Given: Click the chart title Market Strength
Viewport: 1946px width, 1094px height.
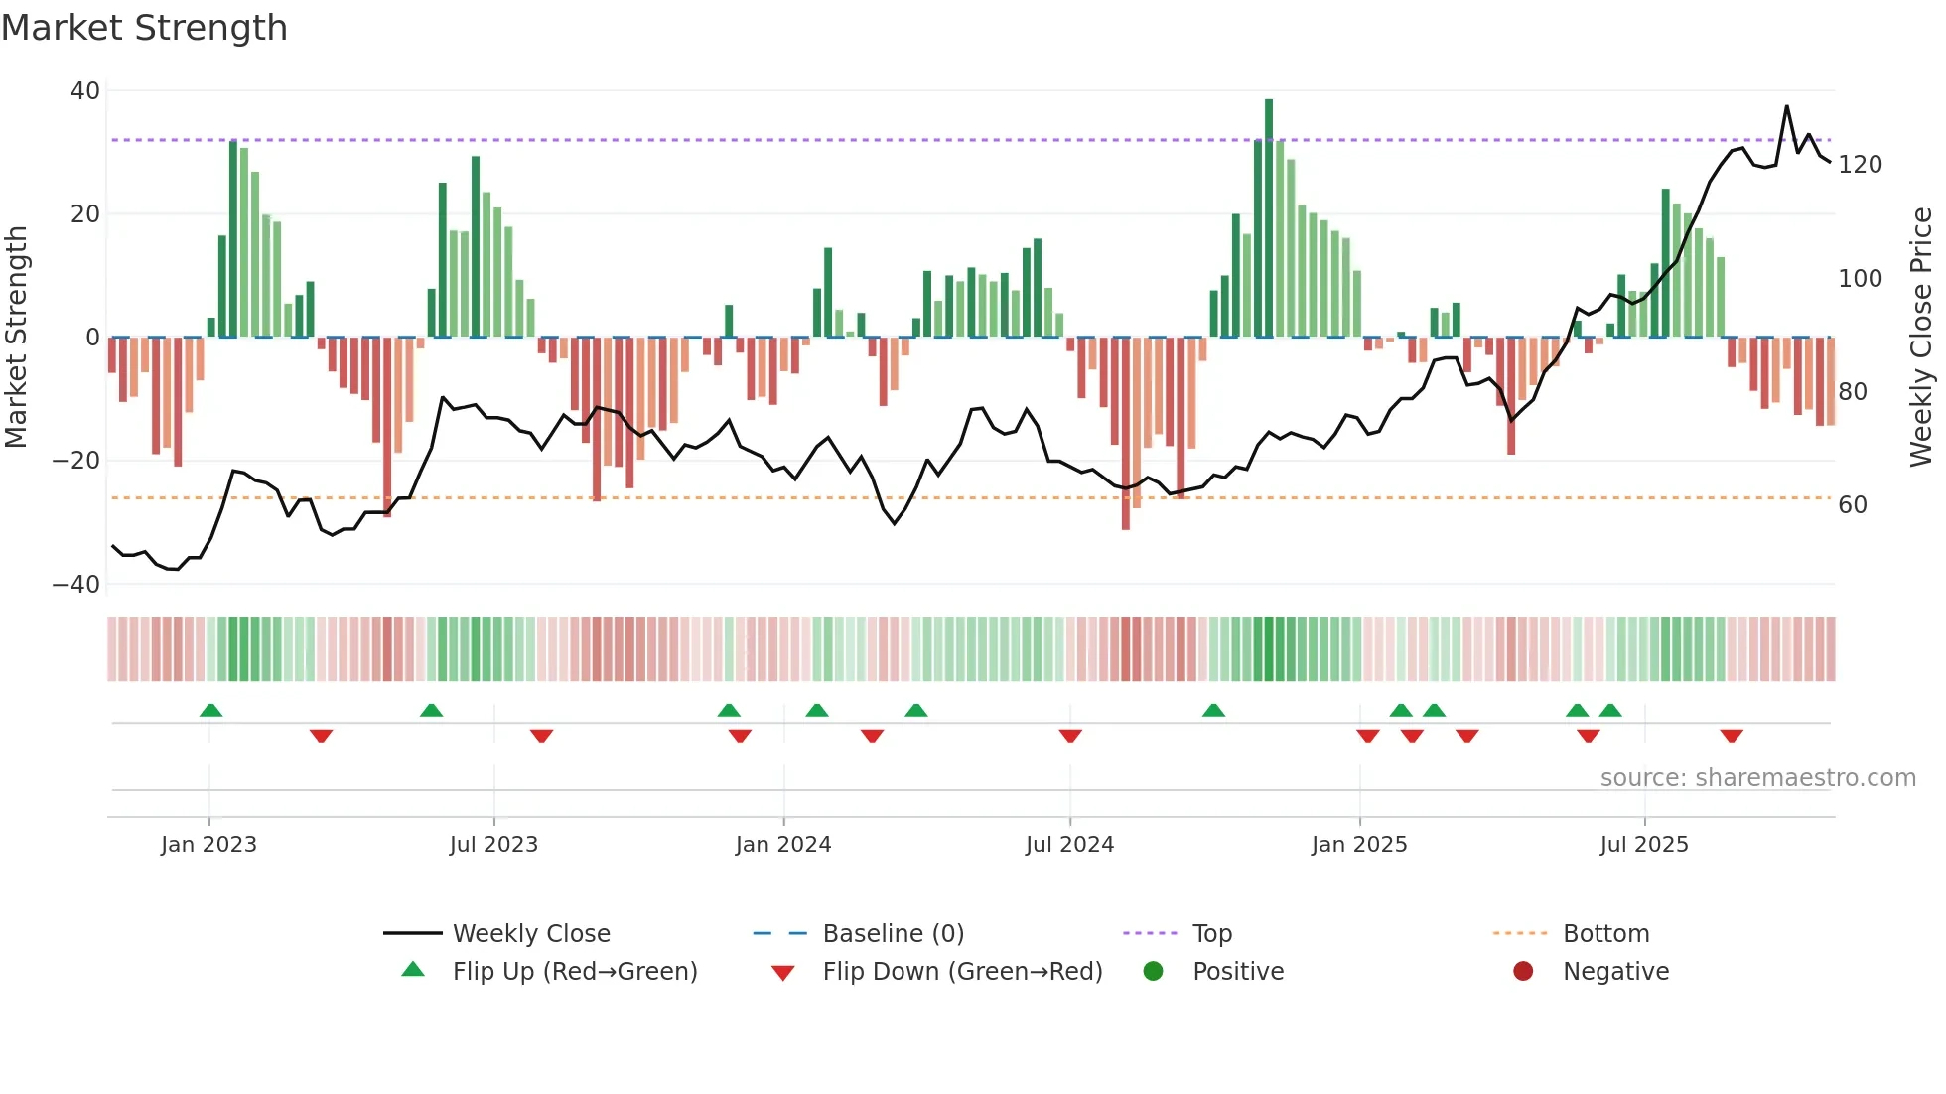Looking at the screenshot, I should coord(144,28).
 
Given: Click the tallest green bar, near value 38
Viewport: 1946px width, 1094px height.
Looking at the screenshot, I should coord(1268,218).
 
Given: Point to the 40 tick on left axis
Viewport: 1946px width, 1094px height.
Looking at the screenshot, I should coord(85,91).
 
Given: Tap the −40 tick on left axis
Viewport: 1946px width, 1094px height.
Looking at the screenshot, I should coord(76,585).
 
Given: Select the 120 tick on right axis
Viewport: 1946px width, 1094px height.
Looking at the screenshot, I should coord(1860,165).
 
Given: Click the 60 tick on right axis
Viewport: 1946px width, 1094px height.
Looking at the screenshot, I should coord(1853,505).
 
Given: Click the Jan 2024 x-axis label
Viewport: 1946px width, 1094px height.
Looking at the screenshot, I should coord(783,845).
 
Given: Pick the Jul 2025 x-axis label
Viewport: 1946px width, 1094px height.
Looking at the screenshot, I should coord(1644,845).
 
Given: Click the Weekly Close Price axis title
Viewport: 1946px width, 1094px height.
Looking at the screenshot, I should coord(1921,338).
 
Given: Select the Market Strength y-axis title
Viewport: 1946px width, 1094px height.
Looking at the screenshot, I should coord(16,338).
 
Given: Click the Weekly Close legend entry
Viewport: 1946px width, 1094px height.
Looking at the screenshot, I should coord(531,934).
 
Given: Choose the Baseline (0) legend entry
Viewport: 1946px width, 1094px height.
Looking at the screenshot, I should coord(893,934).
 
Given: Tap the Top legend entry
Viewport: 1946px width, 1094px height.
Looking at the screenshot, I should coord(1211,934).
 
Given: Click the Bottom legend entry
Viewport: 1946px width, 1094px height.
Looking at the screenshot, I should coord(1605,934).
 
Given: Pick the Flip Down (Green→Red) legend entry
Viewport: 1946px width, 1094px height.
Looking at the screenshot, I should coord(962,972).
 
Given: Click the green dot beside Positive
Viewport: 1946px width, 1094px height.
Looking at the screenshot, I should coord(1153,972).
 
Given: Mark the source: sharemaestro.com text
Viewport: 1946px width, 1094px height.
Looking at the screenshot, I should coord(1757,778).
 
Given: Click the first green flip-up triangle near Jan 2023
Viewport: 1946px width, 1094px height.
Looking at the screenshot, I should coord(210,710).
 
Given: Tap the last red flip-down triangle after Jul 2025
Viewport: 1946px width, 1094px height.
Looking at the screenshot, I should coord(1732,736).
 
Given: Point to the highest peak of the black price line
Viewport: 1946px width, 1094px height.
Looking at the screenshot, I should coord(1786,106).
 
